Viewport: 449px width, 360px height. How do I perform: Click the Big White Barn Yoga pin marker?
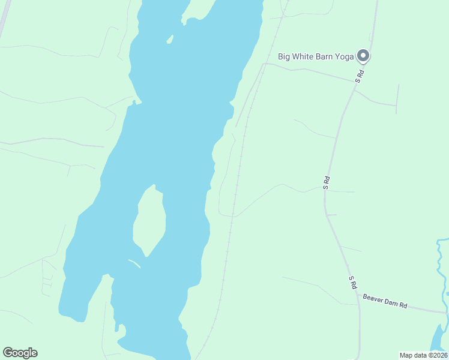click(x=363, y=56)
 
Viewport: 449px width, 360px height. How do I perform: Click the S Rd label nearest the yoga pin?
click(x=360, y=76)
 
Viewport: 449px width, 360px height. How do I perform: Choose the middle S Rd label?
click(x=327, y=182)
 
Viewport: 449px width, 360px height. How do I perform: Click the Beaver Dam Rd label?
click(x=385, y=301)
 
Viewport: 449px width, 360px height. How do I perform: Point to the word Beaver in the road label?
click(x=373, y=299)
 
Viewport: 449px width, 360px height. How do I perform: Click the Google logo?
click(x=20, y=353)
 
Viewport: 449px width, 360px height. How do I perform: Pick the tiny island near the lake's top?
click(x=170, y=40)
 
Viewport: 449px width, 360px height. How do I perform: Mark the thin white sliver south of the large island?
click(x=134, y=263)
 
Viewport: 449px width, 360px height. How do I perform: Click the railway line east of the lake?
click(x=236, y=192)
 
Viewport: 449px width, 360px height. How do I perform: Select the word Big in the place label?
click(x=283, y=57)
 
